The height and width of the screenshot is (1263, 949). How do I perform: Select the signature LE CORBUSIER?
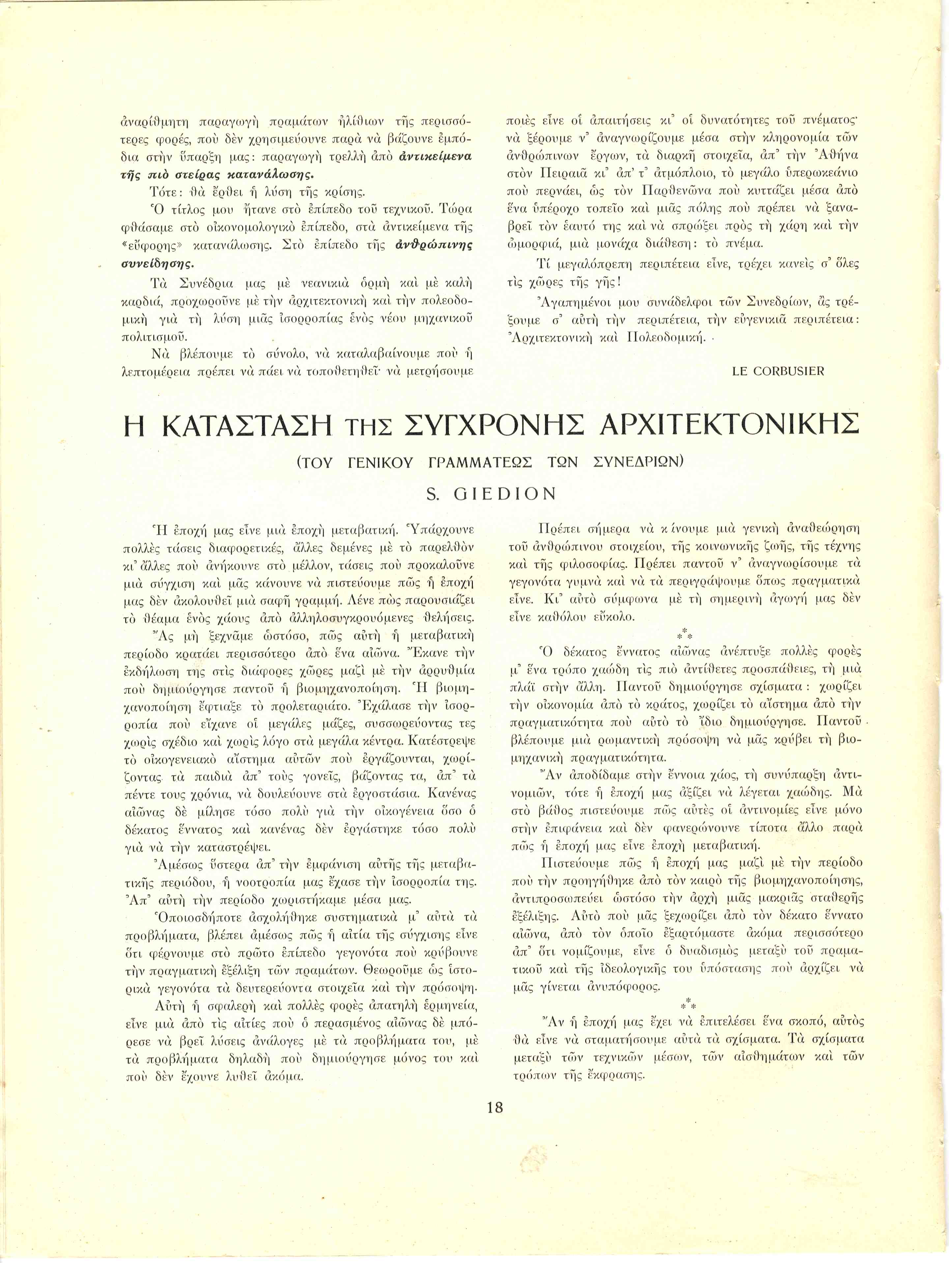(778, 371)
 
